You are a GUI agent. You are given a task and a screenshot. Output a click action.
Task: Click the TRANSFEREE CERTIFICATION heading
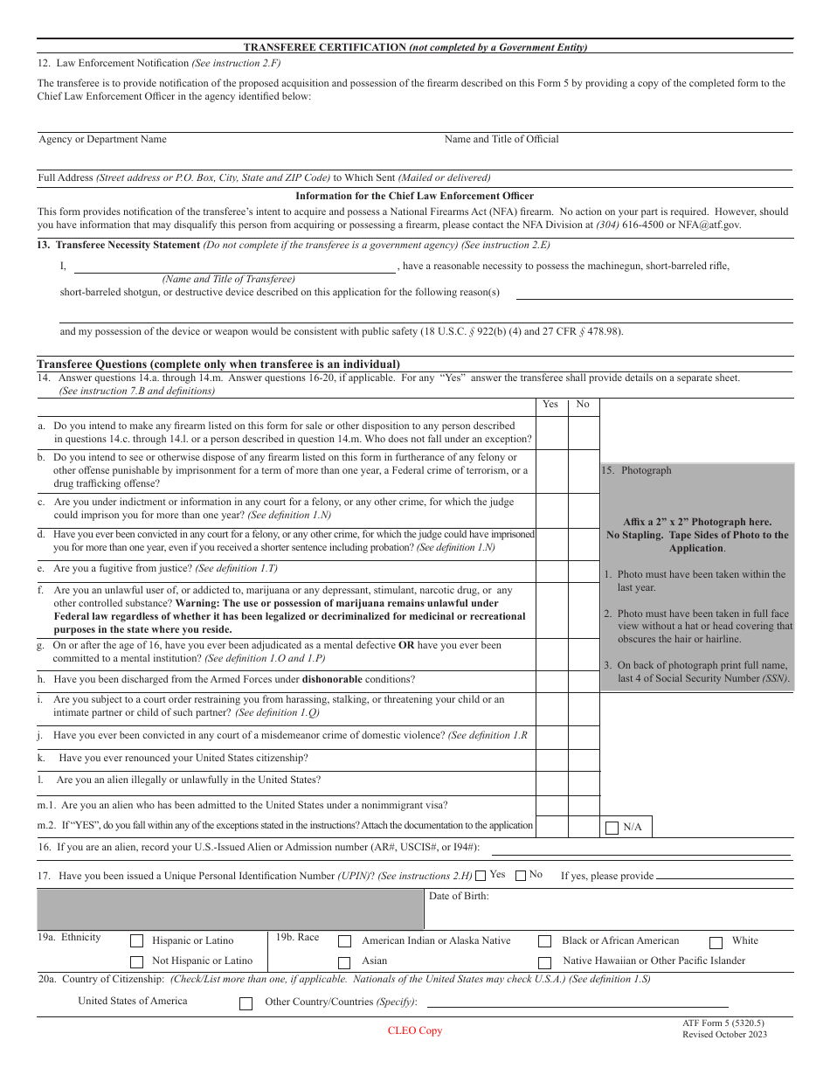point(415,47)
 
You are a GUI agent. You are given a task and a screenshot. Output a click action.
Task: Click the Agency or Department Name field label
point(102,139)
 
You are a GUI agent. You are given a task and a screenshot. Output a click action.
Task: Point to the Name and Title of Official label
point(501,139)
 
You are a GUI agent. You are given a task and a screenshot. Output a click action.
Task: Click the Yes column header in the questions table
point(550,404)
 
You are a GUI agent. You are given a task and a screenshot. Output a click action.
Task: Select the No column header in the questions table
point(583,404)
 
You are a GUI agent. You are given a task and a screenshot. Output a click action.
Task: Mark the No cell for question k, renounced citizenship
point(584,759)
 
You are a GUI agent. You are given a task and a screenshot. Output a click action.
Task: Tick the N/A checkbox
point(612,827)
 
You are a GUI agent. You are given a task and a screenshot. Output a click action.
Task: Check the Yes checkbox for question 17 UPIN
point(481,875)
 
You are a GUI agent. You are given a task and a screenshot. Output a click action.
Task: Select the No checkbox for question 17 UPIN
point(521,875)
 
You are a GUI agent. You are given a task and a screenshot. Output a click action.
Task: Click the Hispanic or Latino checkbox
point(136,941)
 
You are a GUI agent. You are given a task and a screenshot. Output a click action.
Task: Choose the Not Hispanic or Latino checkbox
point(136,961)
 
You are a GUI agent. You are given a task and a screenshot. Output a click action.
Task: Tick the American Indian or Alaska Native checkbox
point(345,941)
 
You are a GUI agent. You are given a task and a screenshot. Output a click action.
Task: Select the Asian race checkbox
point(345,962)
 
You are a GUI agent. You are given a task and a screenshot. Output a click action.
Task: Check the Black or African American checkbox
point(545,941)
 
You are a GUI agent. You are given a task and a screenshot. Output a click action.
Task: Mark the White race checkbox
point(716,942)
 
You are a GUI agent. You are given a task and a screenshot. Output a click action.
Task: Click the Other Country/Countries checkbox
point(246,1003)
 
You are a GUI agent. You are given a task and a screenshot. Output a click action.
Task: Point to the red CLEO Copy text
point(415,1030)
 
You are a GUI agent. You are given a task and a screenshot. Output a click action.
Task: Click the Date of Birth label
point(459,896)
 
